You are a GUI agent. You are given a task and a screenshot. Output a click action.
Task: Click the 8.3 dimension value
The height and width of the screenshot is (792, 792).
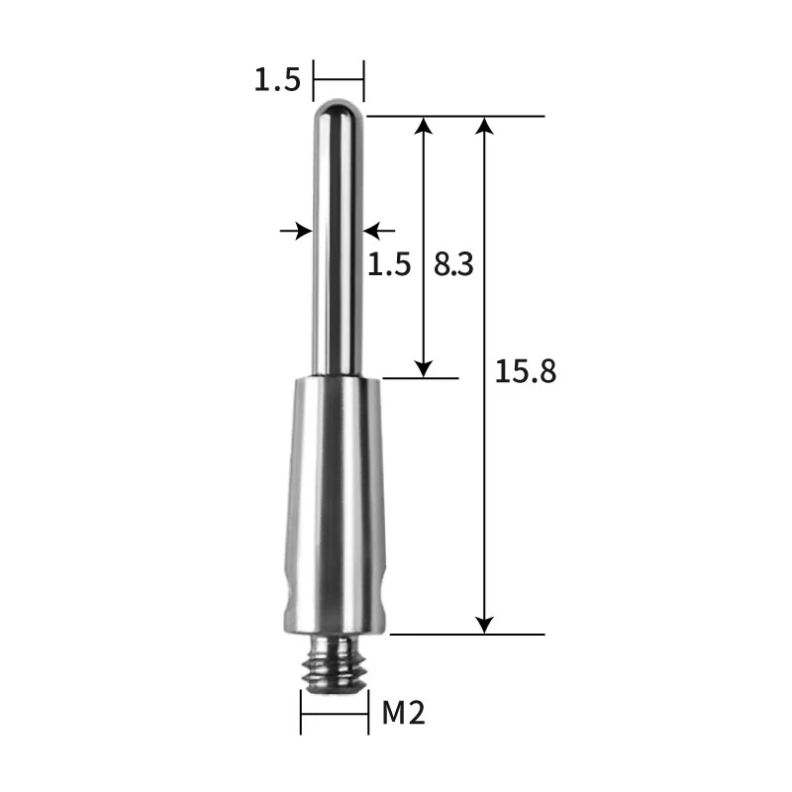(454, 264)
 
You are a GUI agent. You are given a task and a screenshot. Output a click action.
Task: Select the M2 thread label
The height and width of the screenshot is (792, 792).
(403, 712)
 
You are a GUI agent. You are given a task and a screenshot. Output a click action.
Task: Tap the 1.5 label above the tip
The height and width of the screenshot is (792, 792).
(276, 80)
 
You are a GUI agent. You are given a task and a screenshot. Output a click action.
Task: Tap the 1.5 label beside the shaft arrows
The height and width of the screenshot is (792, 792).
(389, 264)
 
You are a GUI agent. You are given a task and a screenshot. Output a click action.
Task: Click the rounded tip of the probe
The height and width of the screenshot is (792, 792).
(339, 106)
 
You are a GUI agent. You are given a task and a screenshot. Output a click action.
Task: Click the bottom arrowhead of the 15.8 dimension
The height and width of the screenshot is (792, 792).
(484, 624)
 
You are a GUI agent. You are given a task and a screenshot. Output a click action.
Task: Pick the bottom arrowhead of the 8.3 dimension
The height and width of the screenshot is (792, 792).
(424, 367)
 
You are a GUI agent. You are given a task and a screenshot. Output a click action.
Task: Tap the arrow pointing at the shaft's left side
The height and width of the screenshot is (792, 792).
(295, 231)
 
